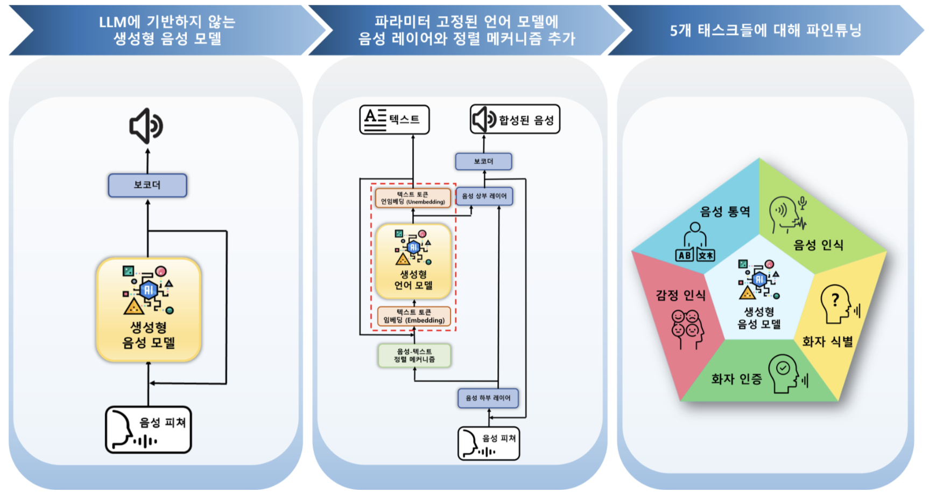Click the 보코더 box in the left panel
147,185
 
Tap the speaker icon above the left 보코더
146,126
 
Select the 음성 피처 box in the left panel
149,429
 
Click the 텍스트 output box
394,119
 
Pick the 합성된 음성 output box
515,119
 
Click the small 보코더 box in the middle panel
483,161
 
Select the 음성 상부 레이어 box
484,196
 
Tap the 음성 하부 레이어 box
488,398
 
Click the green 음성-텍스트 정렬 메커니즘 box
414,356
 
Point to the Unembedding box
413,198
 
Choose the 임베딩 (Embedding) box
414,316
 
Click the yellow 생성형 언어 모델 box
413,261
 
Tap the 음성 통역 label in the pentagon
724,211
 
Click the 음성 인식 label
818,245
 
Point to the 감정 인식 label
680,295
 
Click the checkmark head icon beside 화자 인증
785,373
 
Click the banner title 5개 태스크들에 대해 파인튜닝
765,30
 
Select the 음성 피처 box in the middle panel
489,443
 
